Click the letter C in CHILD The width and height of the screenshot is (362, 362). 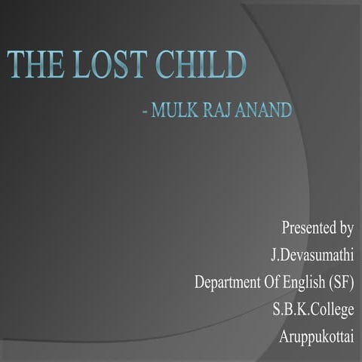177,66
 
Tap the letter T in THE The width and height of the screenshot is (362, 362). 17,66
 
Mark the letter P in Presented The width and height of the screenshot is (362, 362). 285,227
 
